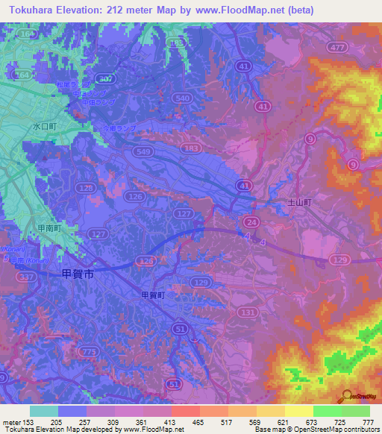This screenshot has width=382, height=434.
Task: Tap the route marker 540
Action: tap(181, 97)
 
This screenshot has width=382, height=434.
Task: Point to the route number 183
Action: tap(192, 149)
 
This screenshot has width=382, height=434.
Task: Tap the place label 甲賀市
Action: tap(78, 275)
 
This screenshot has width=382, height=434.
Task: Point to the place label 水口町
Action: tap(44, 127)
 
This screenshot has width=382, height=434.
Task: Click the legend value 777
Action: tap(368, 423)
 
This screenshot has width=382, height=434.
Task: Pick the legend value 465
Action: tap(198, 423)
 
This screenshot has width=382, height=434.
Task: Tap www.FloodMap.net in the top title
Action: tap(239, 10)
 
